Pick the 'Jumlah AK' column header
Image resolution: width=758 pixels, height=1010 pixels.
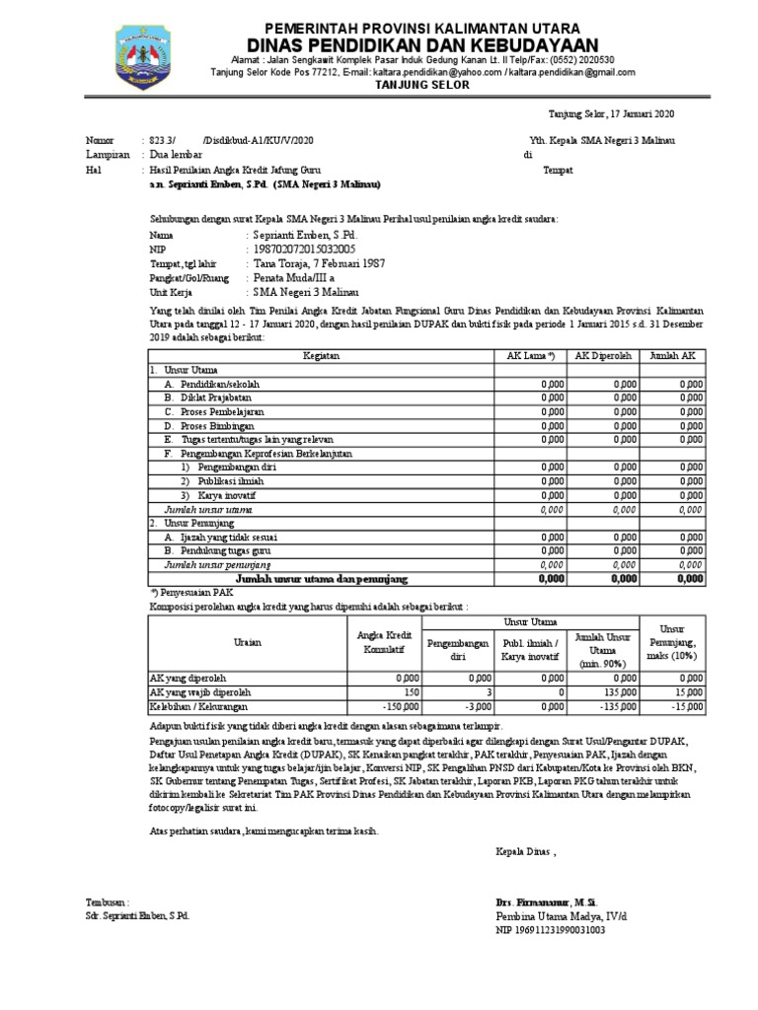click(x=673, y=357)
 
